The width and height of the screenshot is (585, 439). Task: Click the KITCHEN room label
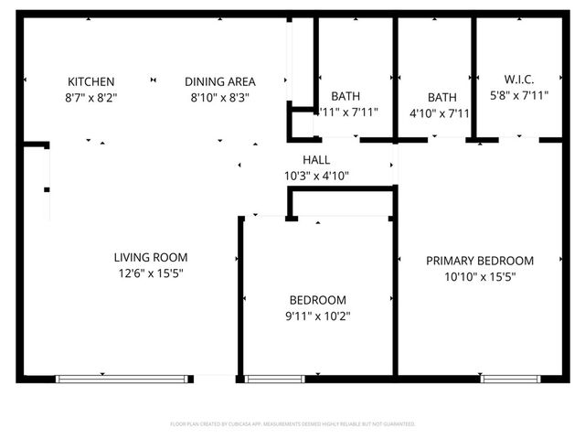[91, 80]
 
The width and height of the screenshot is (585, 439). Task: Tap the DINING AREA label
[219, 80]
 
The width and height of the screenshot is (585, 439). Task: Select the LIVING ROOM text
[151, 257]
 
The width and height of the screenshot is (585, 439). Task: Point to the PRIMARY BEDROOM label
[480, 261]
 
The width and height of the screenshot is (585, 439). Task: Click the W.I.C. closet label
[518, 79]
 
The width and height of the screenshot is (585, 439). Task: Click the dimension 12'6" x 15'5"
[151, 273]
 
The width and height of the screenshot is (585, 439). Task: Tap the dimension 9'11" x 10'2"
[317, 316]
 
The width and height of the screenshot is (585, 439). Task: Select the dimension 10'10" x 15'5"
[480, 276]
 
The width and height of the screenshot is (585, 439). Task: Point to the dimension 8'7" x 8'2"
[91, 96]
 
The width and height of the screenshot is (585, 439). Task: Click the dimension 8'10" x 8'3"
[219, 96]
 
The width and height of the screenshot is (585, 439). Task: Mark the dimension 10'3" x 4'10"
[316, 176]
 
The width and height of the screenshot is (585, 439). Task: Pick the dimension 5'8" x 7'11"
[518, 94]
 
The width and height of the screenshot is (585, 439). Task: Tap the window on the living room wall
[124, 378]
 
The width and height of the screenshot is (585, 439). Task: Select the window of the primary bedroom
[510, 378]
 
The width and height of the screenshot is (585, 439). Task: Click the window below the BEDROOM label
[274, 378]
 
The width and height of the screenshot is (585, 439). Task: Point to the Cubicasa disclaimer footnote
[292, 424]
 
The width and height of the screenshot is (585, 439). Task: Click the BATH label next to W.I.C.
[441, 97]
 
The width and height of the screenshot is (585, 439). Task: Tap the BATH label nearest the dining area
[345, 96]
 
